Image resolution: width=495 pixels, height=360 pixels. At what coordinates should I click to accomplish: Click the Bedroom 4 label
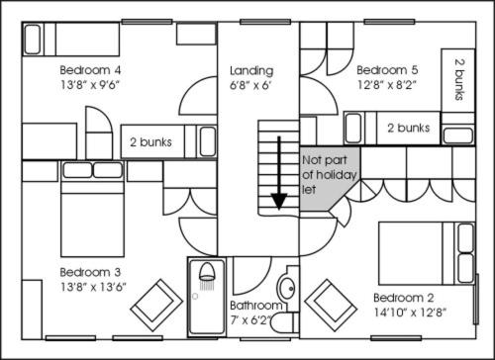click(x=90, y=70)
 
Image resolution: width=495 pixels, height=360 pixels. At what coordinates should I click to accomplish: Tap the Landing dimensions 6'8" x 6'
click(x=250, y=85)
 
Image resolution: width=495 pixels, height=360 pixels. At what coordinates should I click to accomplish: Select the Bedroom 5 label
click(x=387, y=70)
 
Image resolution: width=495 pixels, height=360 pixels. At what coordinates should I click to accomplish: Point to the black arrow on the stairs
click(x=279, y=173)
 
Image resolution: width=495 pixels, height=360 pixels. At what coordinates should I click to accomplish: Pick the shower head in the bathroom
click(x=207, y=276)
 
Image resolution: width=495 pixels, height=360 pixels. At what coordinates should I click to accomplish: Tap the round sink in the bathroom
click(x=286, y=288)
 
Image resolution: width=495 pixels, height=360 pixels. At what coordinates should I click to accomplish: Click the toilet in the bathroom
click(x=284, y=322)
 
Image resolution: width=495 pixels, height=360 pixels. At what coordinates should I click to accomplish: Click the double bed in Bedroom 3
click(x=92, y=209)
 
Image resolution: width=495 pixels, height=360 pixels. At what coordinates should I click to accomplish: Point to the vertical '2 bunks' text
click(x=459, y=79)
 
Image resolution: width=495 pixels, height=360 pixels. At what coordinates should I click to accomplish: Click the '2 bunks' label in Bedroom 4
click(x=150, y=142)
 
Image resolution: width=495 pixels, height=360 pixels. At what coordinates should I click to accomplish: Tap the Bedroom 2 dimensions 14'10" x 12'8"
click(x=410, y=313)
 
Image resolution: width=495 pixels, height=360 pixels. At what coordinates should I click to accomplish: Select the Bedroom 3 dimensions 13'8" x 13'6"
click(x=93, y=287)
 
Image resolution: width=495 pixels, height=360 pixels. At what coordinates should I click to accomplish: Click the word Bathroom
click(x=256, y=306)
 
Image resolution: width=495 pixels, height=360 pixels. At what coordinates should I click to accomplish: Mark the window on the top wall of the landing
click(x=265, y=22)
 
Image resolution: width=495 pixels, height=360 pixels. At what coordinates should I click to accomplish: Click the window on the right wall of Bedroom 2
click(x=476, y=299)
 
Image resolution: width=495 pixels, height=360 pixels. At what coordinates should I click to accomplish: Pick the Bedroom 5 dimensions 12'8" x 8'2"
click(x=386, y=85)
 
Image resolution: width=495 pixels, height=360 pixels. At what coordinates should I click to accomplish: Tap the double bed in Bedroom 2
click(x=427, y=253)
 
